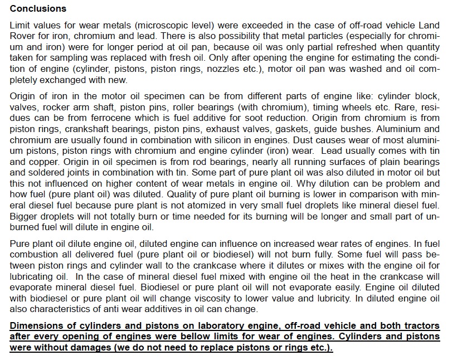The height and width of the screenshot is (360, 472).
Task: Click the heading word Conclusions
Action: click(x=38, y=9)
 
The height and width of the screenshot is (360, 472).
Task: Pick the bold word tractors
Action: click(x=419, y=325)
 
